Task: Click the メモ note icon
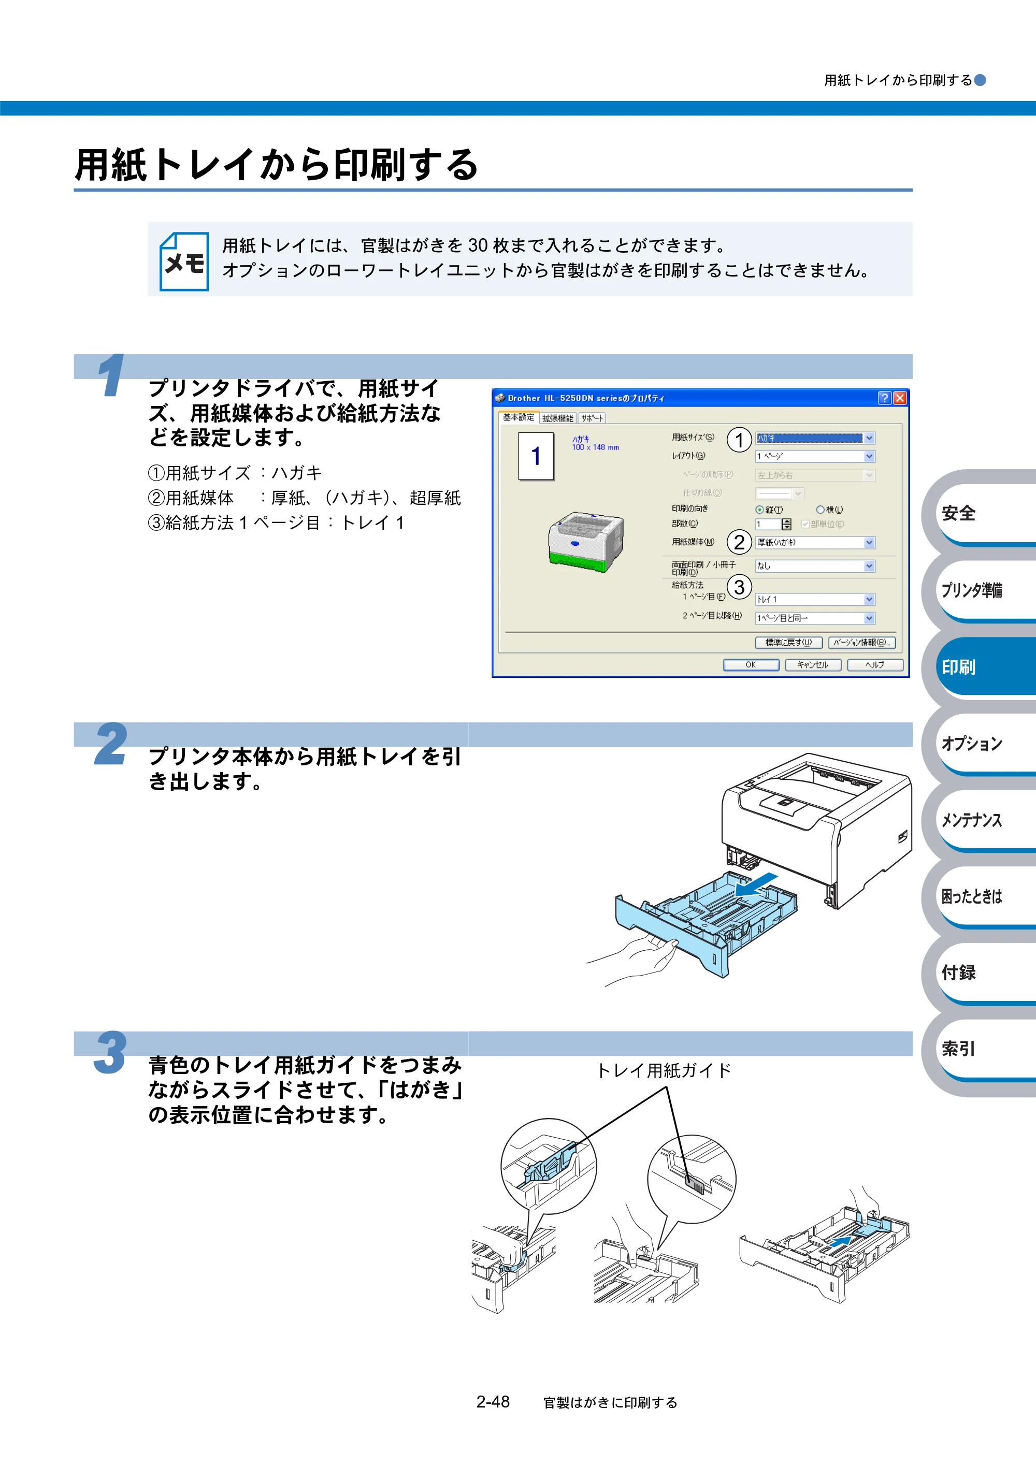184,261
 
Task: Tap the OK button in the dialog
751,665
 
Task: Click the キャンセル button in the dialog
812,665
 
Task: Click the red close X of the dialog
899,398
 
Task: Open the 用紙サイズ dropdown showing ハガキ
815,438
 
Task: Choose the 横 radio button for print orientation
820,510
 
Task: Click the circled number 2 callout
739,542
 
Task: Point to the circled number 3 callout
739,587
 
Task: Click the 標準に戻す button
788,642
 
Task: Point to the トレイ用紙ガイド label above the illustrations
664,1071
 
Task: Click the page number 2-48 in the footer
493,1402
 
